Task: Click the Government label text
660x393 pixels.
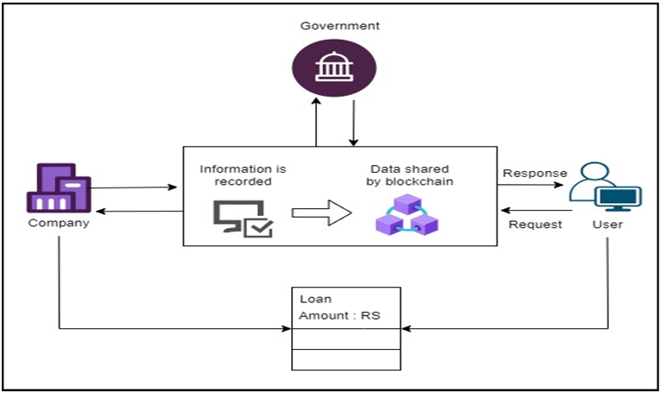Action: tap(340, 26)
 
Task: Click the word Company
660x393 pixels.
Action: tap(58, 223)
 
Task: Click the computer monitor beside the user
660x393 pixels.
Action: tap(620, 200)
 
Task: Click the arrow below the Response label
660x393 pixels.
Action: tap(536, 184)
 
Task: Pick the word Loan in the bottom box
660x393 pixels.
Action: tap(311, 299)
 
